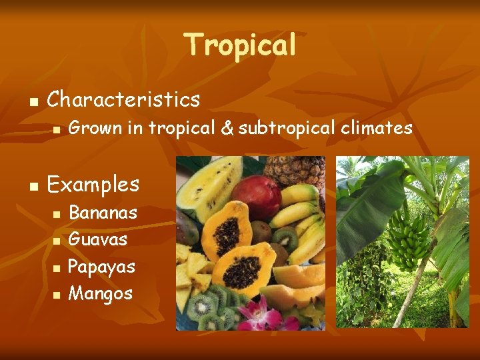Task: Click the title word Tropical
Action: tap(240, 45)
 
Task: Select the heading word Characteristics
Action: tap(123, 100)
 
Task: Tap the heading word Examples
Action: tap(93, 184)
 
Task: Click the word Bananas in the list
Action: tap(103, 213)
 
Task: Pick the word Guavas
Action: tap(98, 239)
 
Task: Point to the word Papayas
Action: tap(102, 267)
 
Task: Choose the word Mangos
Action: tap(101, 293)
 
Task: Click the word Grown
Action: tap(94, 128)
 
